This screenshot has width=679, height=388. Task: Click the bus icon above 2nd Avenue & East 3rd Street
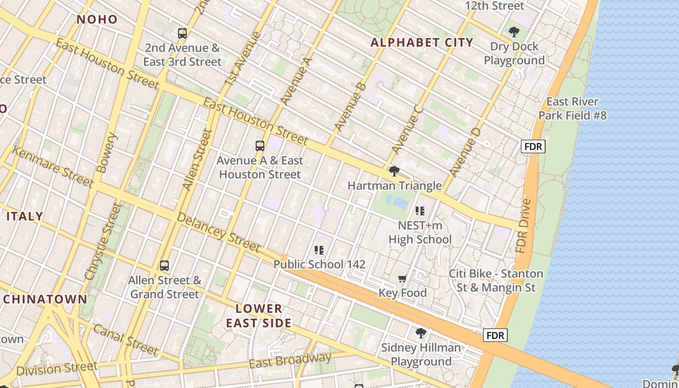point(182,33)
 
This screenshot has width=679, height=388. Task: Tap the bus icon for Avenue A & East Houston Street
point(260,145)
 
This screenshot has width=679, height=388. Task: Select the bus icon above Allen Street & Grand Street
point(164,265)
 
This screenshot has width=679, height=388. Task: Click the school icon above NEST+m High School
point(420,210)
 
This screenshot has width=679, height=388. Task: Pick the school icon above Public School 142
point(319,250)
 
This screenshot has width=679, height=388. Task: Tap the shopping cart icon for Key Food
point(402,278)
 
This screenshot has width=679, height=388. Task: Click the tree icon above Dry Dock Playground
point(514,32)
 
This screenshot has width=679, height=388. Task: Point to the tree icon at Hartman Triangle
point(394,171)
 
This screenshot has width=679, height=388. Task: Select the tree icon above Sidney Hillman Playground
point(421,333)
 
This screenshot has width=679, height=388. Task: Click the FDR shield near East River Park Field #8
point(533,146)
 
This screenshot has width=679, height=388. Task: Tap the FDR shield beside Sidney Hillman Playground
point(495,335)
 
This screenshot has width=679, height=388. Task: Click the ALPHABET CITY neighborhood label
point(422,43)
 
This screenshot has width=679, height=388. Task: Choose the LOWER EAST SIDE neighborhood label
point(259,316)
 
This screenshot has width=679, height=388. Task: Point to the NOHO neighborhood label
point(97,19)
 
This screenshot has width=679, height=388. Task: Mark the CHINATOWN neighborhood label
point(45,299)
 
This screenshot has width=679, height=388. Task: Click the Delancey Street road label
point(218,232)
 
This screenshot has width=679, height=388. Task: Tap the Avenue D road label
point(465,152)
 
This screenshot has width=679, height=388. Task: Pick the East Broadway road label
point(290,360)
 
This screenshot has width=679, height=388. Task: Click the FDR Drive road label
point(524,226)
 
